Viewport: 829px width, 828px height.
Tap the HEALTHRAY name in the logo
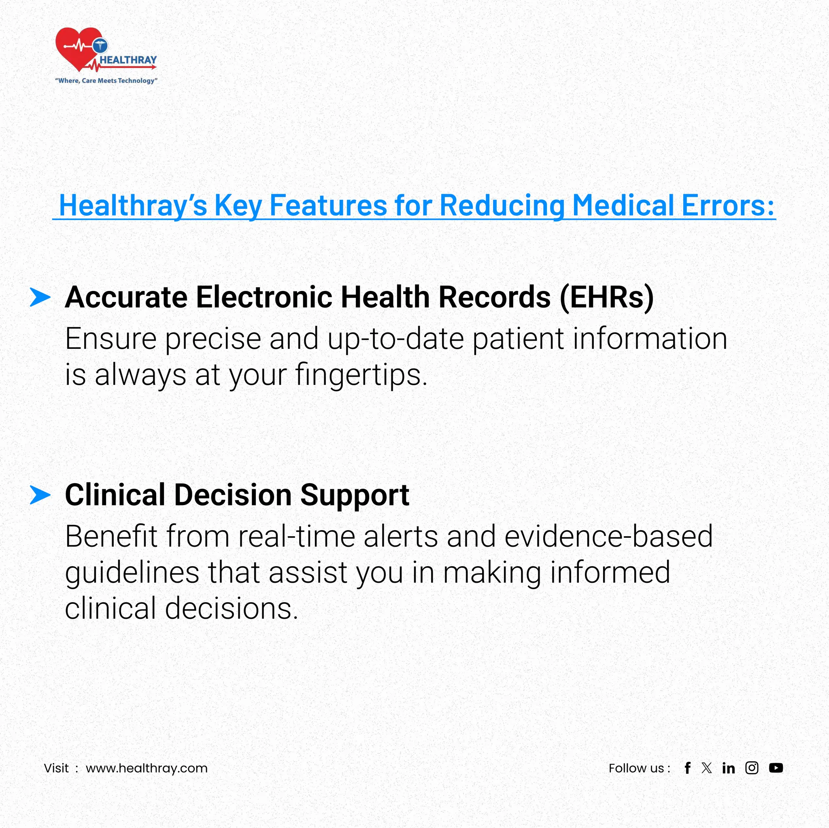coord(128,60)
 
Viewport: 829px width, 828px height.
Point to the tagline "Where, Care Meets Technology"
coord(106,81)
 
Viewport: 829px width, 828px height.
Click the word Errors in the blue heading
coord(727,206)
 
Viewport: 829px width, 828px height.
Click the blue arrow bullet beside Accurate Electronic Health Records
coord(40,297)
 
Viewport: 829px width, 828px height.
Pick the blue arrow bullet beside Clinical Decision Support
coord(40,495)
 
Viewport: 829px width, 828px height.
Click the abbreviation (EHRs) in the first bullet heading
coord(607,297)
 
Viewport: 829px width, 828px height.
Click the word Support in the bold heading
coord(355,495)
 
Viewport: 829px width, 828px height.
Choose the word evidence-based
coord(608,536)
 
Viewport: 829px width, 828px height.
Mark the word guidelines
coord(132,573)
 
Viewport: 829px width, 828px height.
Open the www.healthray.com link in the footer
coord(146,768)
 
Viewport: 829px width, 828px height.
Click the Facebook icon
coord(687,768)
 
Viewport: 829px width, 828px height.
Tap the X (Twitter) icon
coord(707,768)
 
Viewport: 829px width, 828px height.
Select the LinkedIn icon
coord(728,768)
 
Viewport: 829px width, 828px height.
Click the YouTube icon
coord(776,768)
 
